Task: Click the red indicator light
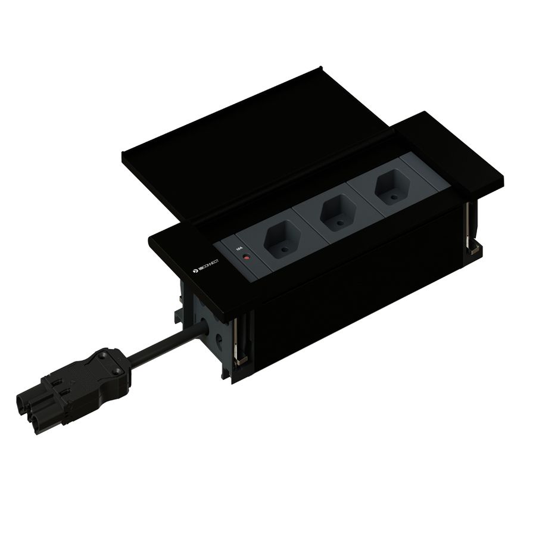point(246,259)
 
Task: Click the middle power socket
point(335,211)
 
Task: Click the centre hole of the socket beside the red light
point(282,252)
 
